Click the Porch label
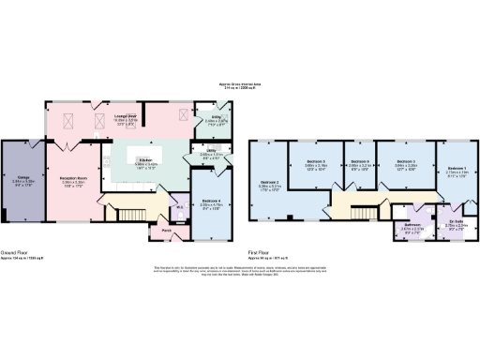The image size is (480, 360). (165, 231)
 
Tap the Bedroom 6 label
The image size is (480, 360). (360, 163)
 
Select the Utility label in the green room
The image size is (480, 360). (214, 117)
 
